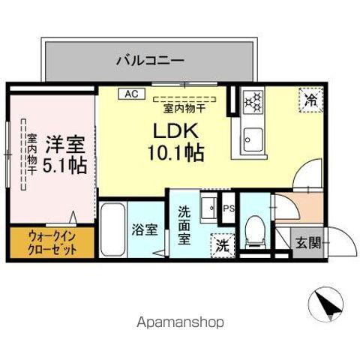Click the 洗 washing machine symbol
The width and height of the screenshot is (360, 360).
point(223,244)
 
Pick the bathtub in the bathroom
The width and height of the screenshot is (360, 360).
point(114,229)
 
